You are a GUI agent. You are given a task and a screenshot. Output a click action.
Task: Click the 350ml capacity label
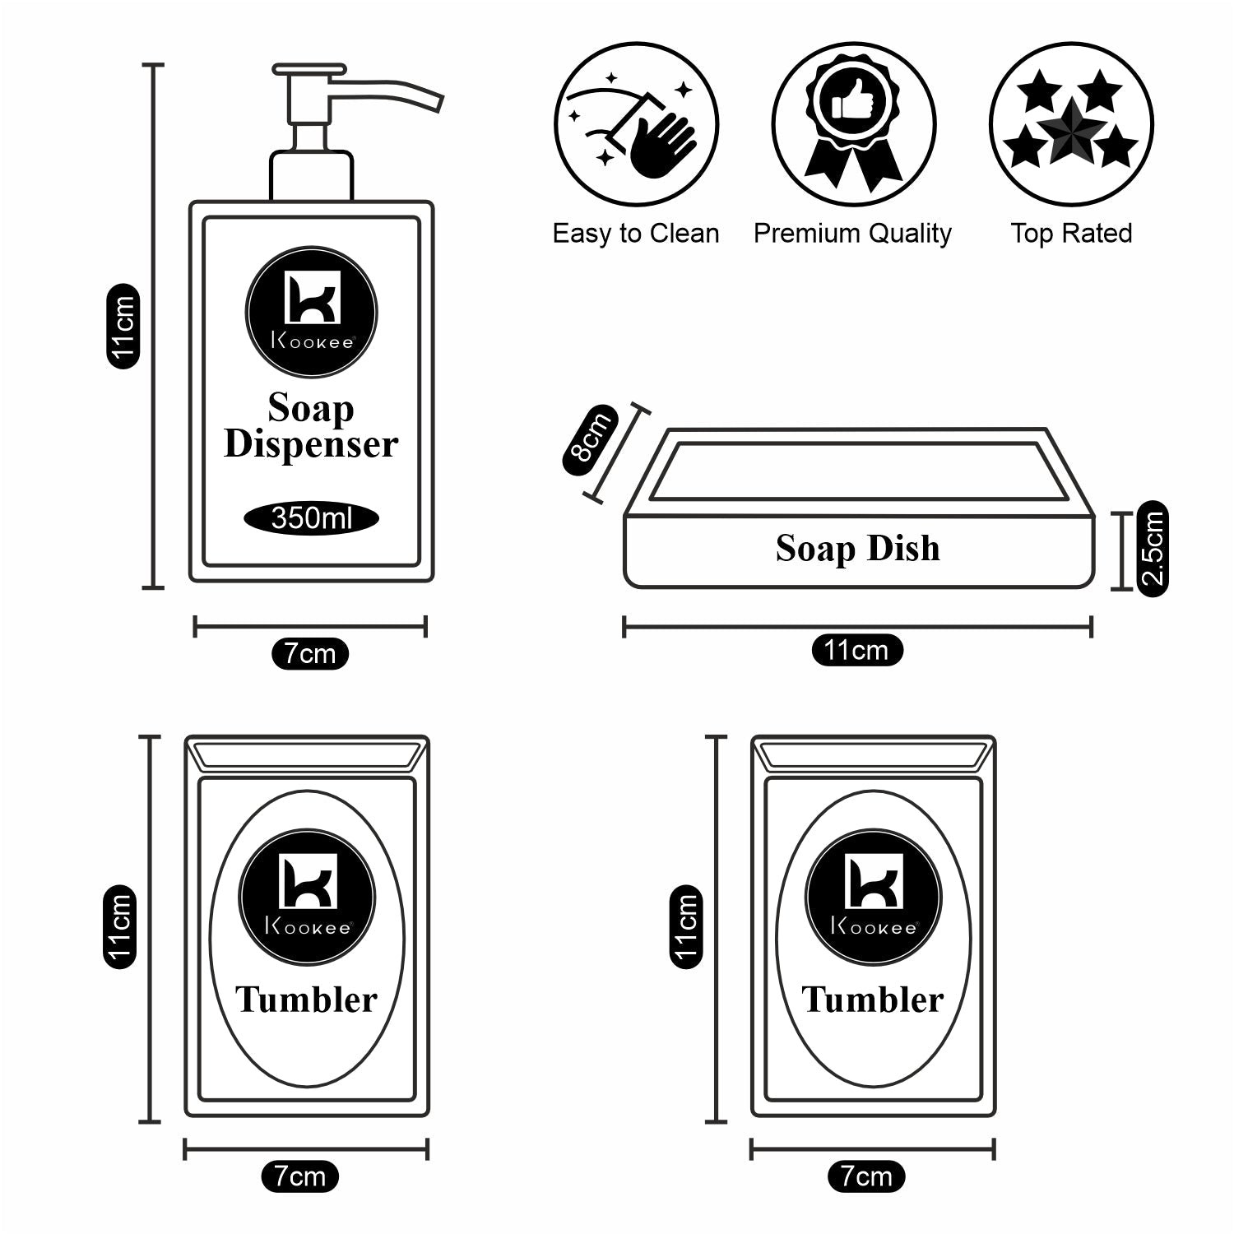pos(311,518)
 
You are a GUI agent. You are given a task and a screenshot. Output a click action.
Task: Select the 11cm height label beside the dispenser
pos(123,326)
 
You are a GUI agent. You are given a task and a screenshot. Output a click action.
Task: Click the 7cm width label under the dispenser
pos(310,654)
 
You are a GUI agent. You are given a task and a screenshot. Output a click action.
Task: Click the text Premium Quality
pos(852,234)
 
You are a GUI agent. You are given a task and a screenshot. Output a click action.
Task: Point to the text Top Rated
pos(1071,234)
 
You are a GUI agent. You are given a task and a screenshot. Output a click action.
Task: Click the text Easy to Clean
pos(636,234)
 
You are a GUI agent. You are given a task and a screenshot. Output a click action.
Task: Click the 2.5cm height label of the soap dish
pos(1152,548)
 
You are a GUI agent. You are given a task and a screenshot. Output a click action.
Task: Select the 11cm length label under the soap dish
pos(856,651)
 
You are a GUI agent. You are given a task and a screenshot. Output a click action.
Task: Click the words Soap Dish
pos(857,549)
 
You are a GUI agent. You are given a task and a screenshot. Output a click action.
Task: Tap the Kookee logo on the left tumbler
pos(307,897)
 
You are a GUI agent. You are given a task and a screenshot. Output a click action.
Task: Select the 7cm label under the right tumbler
pos(866,1176)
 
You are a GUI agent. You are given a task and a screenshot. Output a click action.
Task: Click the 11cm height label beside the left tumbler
pos(118,926)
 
